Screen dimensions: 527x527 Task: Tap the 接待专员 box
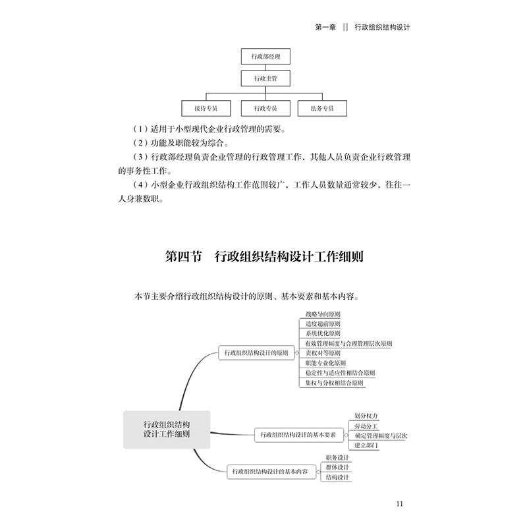pyautogui.click(x=206, y=107)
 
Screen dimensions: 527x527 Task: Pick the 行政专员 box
pyautogui.click(x=265, y=107)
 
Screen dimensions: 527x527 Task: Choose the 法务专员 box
pyautogui.click(x=322, y=107)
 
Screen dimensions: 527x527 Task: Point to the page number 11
pyautogui.click(x=400, y=504)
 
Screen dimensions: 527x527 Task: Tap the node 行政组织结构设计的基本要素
pyautogui.click(x=298, y=435)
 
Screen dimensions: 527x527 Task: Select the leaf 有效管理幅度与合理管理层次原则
pyautogui.click(x=348, y=344)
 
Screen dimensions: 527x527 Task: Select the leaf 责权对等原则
pyautogui.click(x=323, y=354)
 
